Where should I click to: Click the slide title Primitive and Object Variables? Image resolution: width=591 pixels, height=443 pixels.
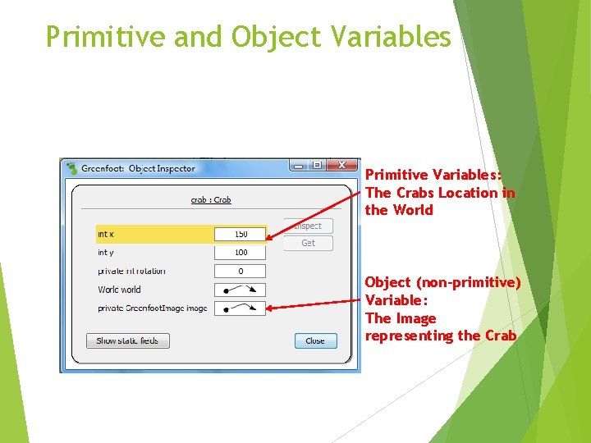click(248, 37)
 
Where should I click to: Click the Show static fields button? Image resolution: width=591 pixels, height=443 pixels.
click(127, 340)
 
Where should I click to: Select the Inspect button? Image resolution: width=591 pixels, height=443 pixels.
click(308, 226)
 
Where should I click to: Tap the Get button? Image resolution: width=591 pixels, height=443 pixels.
click(308, 243)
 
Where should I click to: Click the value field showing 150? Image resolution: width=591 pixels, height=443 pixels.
click(241, 234)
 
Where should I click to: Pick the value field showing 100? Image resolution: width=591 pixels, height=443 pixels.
click(241, 253)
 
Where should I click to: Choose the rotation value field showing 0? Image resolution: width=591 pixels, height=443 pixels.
click(241, 271)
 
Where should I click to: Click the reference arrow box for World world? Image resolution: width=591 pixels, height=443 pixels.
click(241, 290)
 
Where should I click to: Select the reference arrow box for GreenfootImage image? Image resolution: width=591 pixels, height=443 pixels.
click(241, 308)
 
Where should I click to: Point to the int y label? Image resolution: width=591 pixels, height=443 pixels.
click(106, 253)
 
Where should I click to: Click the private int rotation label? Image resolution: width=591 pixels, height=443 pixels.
click(131, 271)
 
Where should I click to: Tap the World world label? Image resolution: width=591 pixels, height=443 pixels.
click(119, 290)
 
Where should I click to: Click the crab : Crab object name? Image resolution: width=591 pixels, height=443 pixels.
click(211, 199)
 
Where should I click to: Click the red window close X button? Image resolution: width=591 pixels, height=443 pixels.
click(344, 165)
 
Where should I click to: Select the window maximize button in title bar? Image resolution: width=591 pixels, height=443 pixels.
click(317, 165)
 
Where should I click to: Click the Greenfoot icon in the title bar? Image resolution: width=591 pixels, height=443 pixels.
click(71, 168)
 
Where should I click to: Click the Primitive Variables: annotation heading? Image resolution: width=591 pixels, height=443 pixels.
click(433, 175)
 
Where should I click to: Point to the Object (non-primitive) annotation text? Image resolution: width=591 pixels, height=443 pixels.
click(442, 282)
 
